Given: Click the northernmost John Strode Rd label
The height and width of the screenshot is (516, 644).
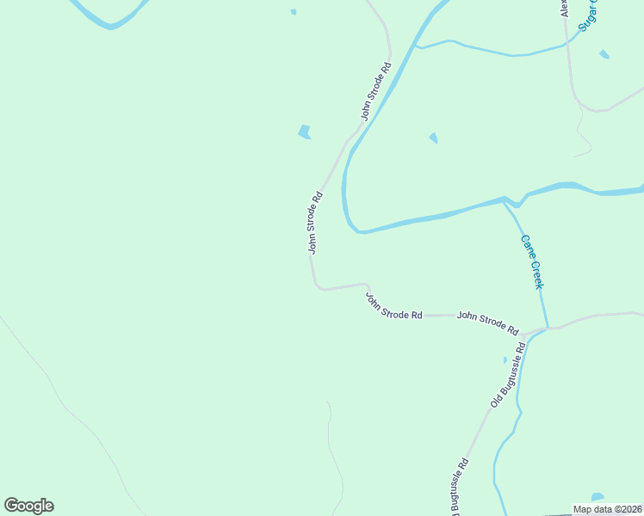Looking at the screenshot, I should tap(376, 90).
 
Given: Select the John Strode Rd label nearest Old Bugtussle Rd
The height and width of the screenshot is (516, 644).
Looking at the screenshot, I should tap(487, 322).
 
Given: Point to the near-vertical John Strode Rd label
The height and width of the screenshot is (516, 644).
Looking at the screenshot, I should tap(316, 222).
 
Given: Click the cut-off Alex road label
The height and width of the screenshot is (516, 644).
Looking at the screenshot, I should tap(566, 9).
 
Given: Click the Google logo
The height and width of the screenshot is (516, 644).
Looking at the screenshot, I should tap(28, 506).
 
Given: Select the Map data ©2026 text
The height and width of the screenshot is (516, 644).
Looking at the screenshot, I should tap(608, 509).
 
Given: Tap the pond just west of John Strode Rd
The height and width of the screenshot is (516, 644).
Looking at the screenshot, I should tap(304, 132).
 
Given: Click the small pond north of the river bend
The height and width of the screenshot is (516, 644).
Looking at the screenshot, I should tap(433, 138).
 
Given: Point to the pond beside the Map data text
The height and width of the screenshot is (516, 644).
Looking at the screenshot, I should tap(598, 497).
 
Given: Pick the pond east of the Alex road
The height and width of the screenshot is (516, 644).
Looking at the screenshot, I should tap(604, 54).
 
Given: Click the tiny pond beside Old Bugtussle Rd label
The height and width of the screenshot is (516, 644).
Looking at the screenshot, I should tap(505, 359).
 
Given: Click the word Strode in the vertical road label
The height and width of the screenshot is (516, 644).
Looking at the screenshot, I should tap(316, 218).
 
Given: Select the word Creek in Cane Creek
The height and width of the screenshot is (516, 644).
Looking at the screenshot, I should tap(537, 274).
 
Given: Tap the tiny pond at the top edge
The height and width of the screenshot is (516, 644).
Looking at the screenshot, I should tap(294, 12).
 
